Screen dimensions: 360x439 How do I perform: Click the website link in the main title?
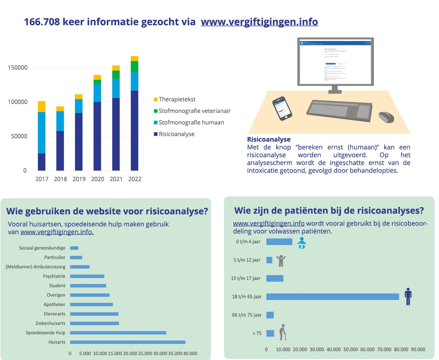259,22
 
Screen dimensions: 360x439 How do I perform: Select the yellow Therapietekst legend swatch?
155,100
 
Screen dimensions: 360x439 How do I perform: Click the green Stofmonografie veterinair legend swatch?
155,111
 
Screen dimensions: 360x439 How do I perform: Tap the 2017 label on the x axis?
42,179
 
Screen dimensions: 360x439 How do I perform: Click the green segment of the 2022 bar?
135,67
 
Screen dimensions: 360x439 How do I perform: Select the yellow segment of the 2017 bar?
42,106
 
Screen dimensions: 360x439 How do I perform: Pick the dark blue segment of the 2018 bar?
60,150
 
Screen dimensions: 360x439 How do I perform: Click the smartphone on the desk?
283,108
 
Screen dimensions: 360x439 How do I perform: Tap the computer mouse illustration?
386,117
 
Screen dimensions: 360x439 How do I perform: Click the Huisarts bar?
127,342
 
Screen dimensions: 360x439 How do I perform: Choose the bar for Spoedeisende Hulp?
118,333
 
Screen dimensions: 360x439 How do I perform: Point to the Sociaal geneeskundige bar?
74,248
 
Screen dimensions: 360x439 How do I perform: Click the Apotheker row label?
55,304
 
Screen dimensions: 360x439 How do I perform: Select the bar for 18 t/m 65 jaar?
333,297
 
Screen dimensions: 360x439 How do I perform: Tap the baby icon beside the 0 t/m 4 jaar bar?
301,243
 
